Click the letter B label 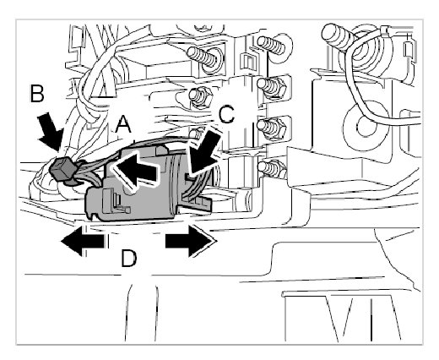(37, 93)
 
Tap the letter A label (123, 124)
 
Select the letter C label (226, 115)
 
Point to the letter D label (128, 259)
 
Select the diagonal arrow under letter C (204, 152)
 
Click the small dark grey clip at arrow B (62, 169)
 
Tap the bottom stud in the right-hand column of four (272, 169)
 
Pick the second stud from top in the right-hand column (272, 86)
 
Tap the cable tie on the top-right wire (386, 31)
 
